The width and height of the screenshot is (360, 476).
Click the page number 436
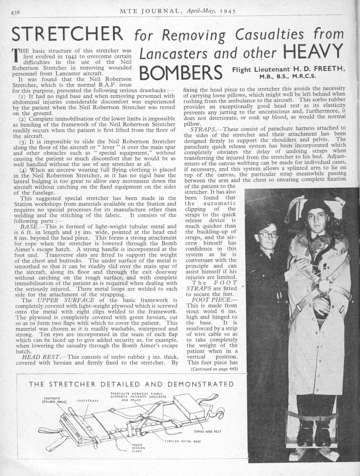point(16,12)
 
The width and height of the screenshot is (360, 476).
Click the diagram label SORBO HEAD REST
point(207,431)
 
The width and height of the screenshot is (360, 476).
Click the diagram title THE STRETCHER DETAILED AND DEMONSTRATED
point(132,384)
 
